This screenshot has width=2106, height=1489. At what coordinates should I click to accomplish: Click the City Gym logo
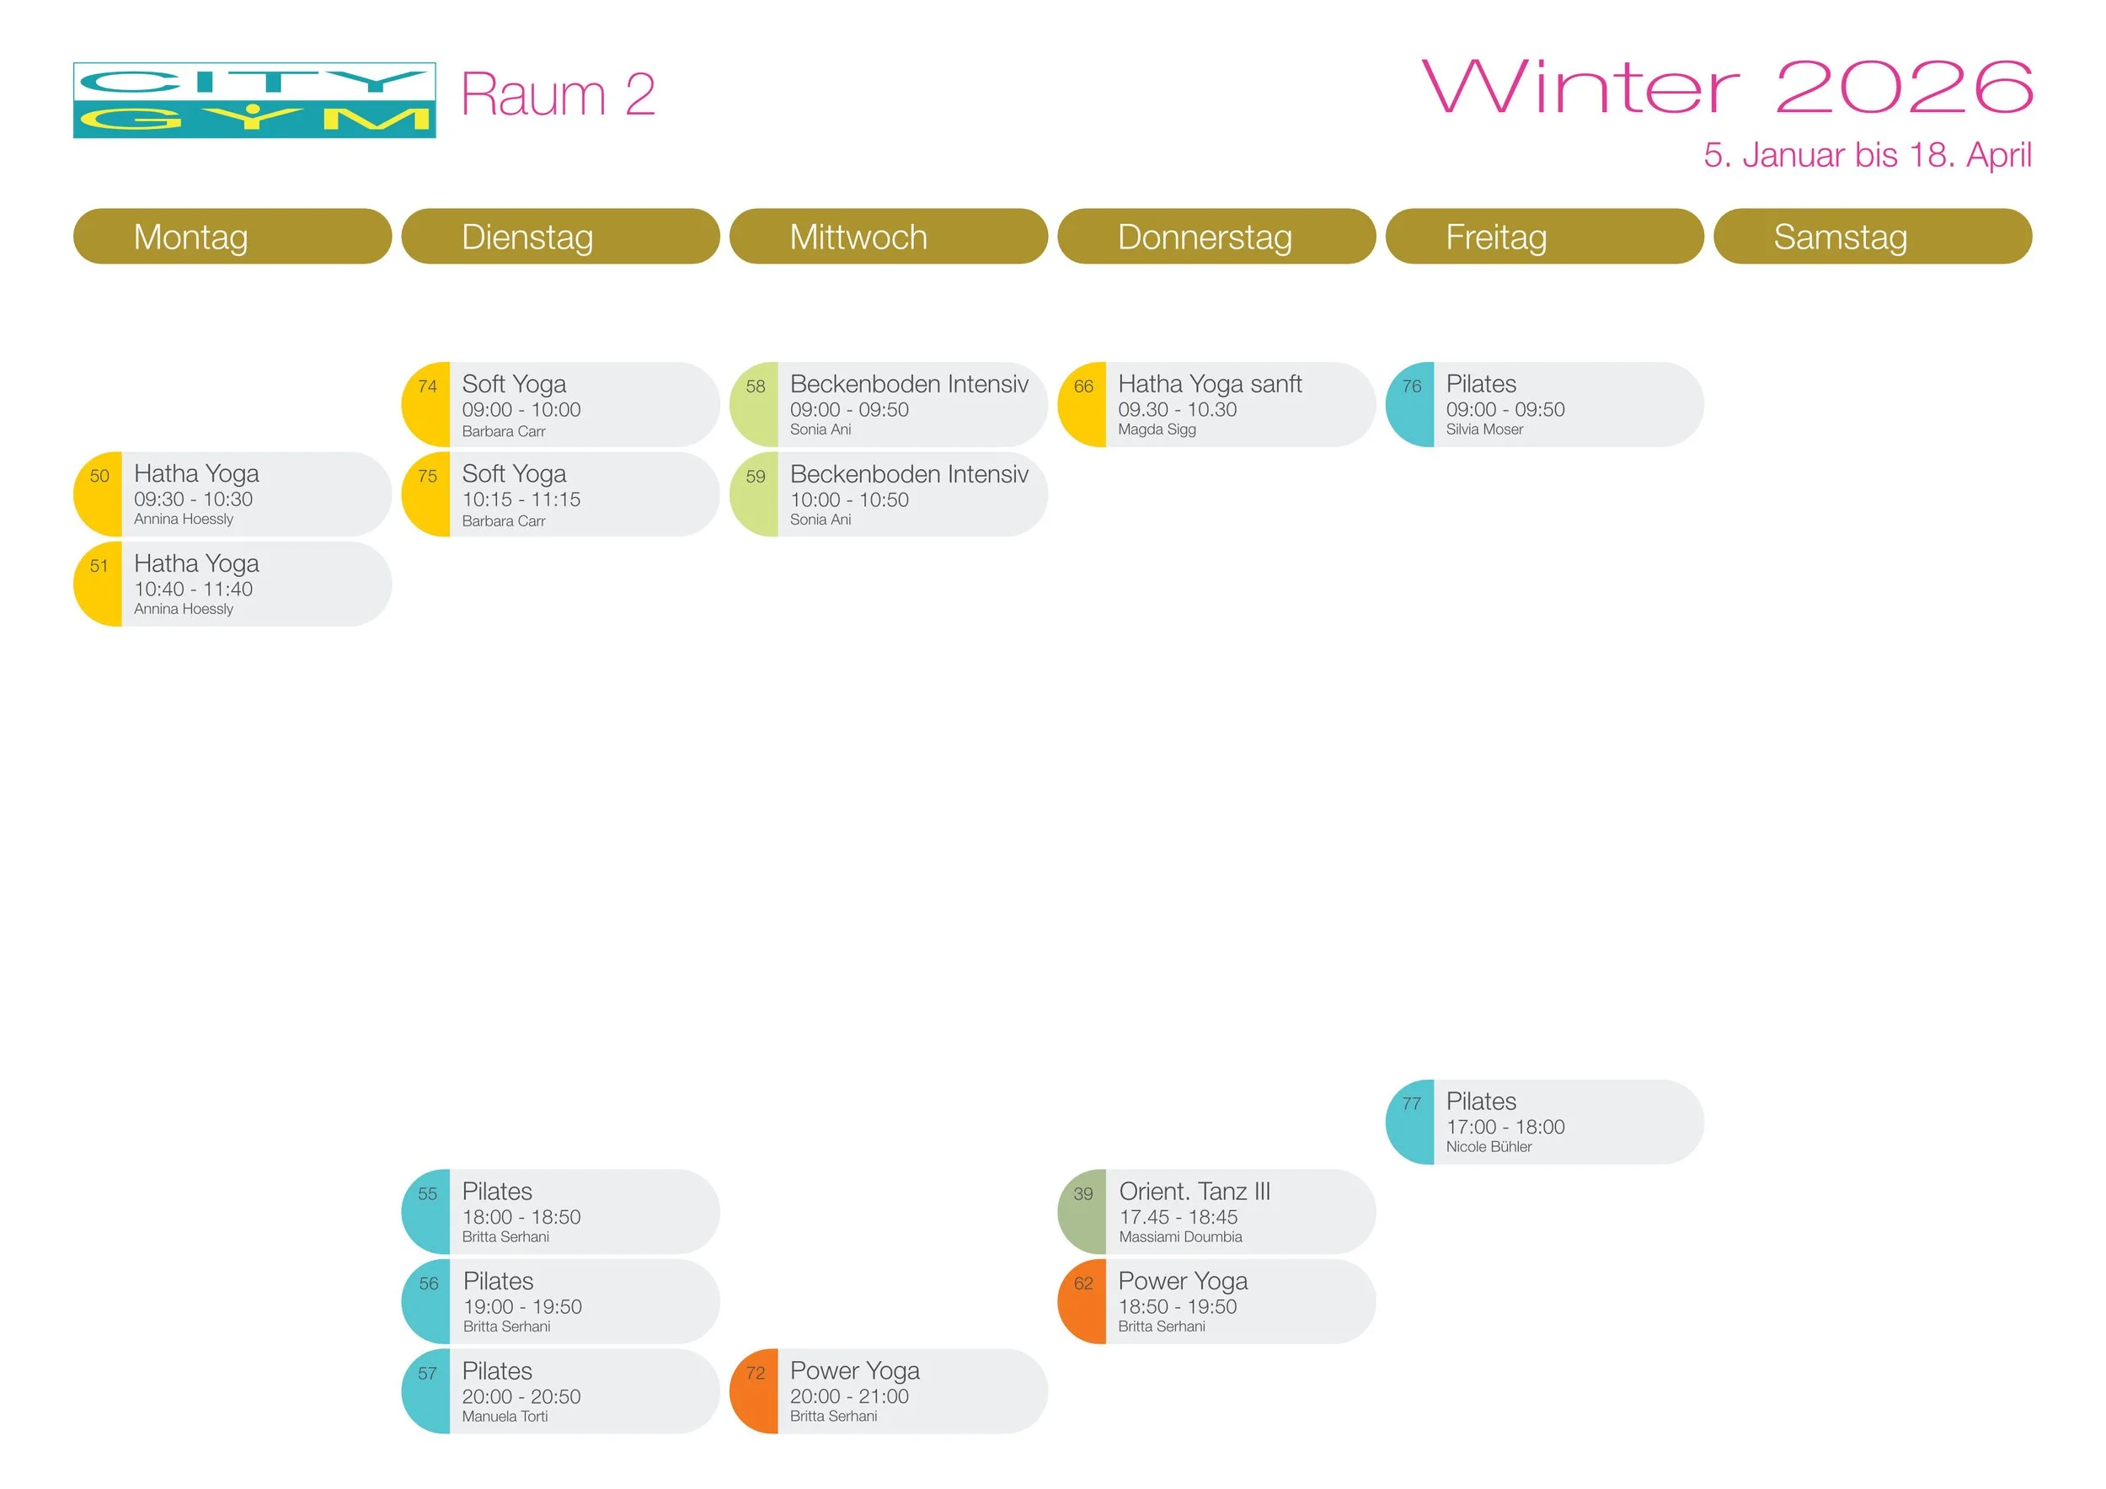[254, 101]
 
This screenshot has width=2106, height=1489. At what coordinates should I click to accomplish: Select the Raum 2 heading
[558, 94]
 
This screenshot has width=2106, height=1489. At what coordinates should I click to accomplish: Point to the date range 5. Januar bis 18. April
[1867, 155]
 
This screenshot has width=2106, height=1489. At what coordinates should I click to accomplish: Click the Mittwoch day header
[858, 237]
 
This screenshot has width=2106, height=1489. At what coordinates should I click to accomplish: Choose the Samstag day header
[1840, 237]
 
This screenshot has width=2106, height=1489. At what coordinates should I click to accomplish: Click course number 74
[427, 387]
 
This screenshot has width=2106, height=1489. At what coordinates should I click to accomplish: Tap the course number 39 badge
[1083, 1193]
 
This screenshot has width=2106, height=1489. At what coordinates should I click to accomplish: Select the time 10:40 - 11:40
[194, 590]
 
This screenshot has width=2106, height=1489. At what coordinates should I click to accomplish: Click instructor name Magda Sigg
[1157, 429]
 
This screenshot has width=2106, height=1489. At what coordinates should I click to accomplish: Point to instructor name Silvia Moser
[1484, 429]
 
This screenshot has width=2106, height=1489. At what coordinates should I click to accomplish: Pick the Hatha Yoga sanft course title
[1210, 384]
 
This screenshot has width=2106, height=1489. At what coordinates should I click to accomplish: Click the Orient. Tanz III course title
[1195, 1191]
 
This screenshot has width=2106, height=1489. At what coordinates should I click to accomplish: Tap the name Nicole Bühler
[1489, 1147]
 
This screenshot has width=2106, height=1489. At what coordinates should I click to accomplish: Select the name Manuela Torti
[505, 1417]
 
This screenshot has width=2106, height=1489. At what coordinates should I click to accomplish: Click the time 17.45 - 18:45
[1178, 1217]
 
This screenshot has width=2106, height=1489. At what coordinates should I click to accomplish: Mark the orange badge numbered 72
[755, 1374]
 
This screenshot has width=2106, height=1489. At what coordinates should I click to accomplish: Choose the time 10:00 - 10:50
[849, 500]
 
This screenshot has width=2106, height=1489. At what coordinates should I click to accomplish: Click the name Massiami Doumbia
[1180, 1237]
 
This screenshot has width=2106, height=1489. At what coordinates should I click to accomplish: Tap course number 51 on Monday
[99, 567]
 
